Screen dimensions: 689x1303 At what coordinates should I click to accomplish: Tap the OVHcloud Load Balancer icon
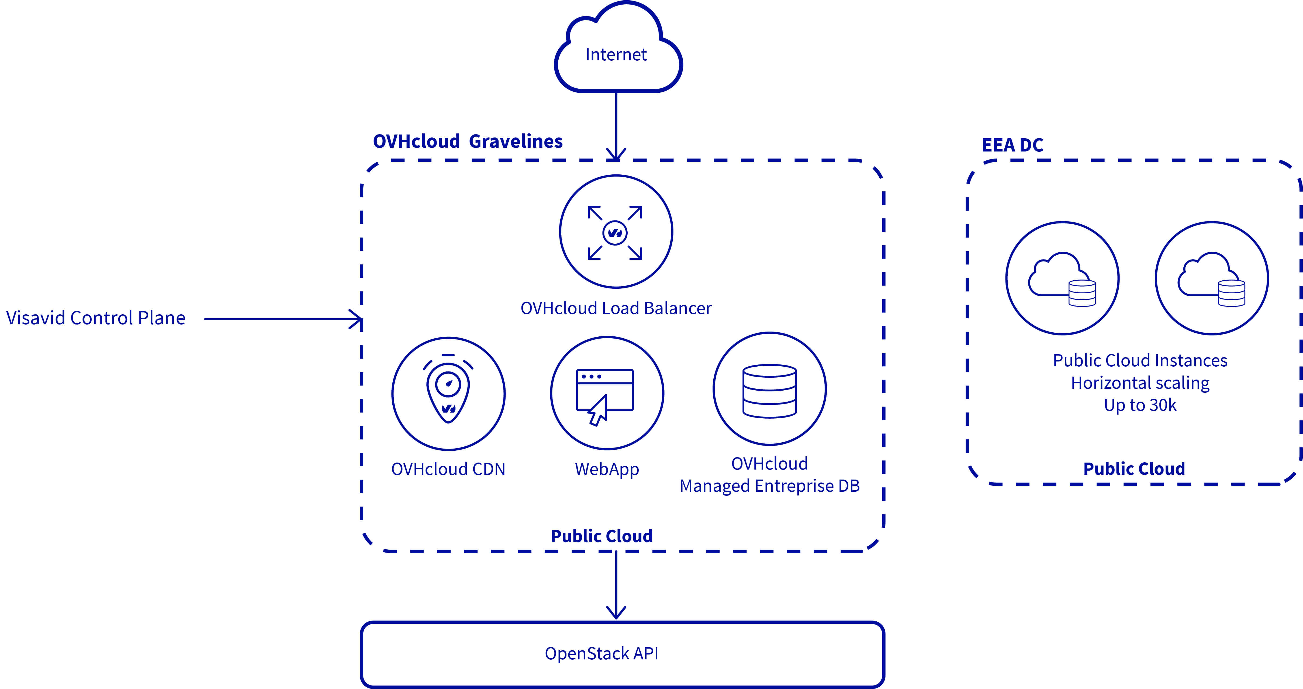tap(616, 232)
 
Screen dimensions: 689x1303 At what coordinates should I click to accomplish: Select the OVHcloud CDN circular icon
tap(448, 394)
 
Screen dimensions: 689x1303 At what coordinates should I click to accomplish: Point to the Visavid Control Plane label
tap(96, 318)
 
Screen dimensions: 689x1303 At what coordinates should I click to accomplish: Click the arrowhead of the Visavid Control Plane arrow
tap(357, 319)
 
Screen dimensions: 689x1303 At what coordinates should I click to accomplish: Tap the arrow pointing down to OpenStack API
tap(616, 587)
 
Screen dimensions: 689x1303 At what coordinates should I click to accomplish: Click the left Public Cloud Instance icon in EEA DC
tap(1062, 278)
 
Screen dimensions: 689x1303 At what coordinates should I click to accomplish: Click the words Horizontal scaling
tap(1140, 383)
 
